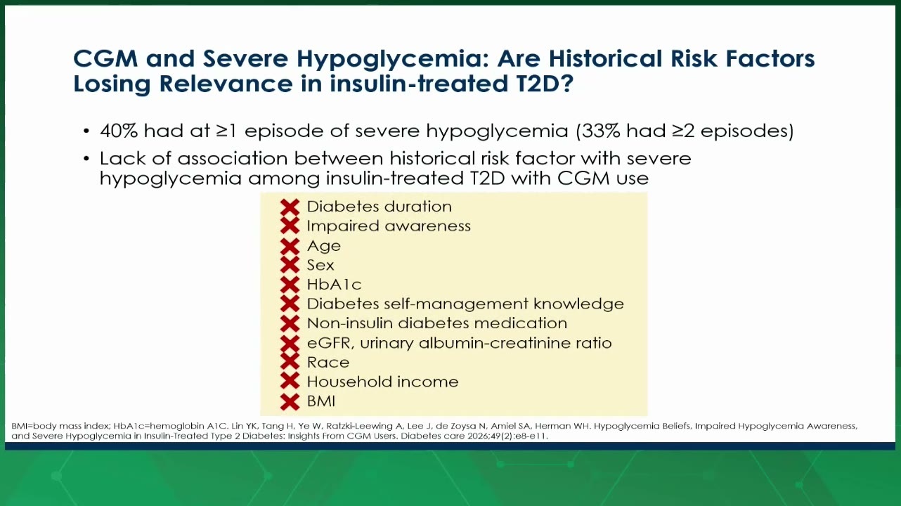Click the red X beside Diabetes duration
point(290,207)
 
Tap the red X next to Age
point(290,246)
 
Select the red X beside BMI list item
point(290,402)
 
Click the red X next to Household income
point(290,382)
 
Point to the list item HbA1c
point(334,285)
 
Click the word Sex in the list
point(320,265)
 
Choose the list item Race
point(328,363)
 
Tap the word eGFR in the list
point(331,343)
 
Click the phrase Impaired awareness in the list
point(389,226)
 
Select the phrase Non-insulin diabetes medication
point(437,323)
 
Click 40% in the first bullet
point(119,131)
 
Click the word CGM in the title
point(105,59)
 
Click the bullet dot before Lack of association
point(86,159)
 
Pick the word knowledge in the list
point(578,304)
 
